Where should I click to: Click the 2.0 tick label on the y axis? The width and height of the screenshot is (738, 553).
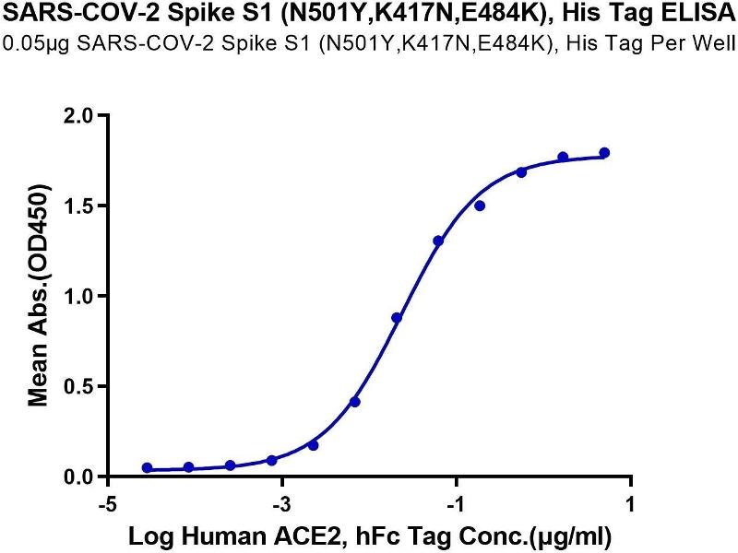[82, 115]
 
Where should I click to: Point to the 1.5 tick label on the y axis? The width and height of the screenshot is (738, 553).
[82, 206]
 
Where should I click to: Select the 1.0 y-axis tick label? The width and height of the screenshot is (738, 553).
[82, 296]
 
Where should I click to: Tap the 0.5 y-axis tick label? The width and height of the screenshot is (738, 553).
[82, 386]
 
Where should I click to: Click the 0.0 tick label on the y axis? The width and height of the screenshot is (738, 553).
[82, 477]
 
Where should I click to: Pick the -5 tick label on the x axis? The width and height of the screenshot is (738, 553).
[108, 505]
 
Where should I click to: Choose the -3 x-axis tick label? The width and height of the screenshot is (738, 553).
[282, 505]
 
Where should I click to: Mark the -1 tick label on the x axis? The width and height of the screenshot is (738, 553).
[456, 505]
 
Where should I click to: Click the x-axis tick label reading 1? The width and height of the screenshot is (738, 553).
[630, 505]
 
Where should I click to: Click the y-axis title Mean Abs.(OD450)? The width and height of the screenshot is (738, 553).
[39, 296]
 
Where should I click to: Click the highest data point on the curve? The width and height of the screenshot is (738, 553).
[604, 153]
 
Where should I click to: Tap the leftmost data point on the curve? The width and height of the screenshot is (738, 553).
[148, 468]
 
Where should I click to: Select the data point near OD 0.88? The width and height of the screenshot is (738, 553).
[397, 318]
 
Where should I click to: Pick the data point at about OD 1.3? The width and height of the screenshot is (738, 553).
[438, 241]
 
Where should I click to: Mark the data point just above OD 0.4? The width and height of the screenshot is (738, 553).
[355, 402]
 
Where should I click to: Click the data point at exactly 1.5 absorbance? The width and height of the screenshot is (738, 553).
[480, 206]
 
